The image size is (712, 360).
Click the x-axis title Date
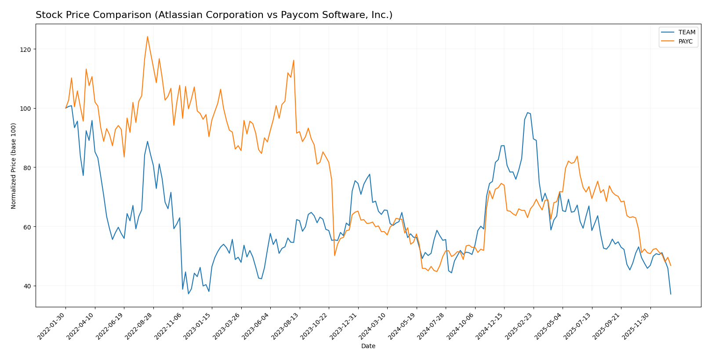368,346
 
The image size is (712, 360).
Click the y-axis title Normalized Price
14,166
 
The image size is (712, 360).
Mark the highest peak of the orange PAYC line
147,36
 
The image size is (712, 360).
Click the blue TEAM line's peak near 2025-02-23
527,113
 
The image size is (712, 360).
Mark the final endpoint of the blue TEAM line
671,294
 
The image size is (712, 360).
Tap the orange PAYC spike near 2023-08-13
294,60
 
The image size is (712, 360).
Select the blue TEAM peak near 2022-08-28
147,141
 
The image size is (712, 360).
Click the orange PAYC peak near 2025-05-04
577,156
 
